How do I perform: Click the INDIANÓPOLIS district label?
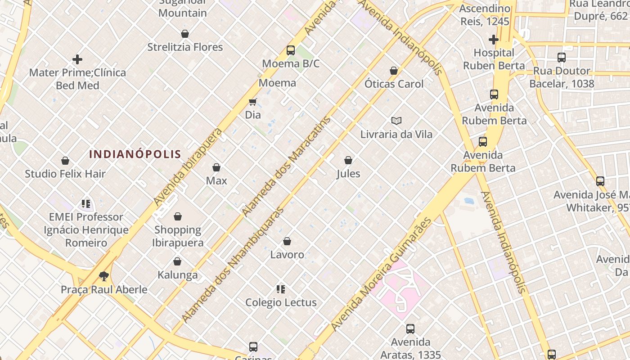(x=135, y=154)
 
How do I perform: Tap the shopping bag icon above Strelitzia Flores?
(x=184, y=34)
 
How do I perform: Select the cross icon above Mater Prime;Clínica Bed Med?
(x=77, y=59)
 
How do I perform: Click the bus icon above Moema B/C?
(x=291, y=50)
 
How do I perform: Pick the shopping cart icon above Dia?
(x=252, y=102)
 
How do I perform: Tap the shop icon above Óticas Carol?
(x=394, y=71)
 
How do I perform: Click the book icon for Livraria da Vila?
(x=396, y=121)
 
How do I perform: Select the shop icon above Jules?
(x=348, y=160)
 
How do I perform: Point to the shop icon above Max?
(x=216, y=167)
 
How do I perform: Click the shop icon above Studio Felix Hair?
(x=65, y=161)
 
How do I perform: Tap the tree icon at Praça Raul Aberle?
(x=104, y=276)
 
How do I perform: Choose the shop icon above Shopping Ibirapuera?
(x=178, y=216)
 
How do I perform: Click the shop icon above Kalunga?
(x=177, y=261)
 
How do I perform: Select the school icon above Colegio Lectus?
(x=281, y=289)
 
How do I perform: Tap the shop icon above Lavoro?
(x=287, y=242)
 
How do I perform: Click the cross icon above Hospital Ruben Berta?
(x=494, y=40)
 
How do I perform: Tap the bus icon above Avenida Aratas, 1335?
(x=410, y=329)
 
